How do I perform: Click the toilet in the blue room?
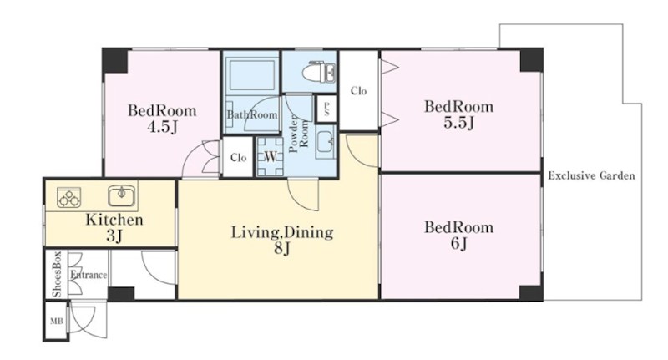tap(319, 72)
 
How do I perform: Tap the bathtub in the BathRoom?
tap(250, 74)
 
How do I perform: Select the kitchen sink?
tap(122, 196)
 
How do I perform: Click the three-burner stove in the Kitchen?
tap(69, 197)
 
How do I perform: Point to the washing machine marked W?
tap(270, 156)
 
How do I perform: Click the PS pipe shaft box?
tap(326, 109)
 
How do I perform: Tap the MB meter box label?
tap(57, 321)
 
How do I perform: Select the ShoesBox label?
tap(57, 274)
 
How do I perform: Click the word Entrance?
tap(89, 275)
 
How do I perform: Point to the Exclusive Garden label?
tap(591, 175)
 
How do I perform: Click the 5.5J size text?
tap(458, 123)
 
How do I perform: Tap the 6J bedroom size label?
tap(458, 244)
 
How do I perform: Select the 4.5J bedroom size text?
tap(162, 127)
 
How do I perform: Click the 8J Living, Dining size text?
tap(281, 248)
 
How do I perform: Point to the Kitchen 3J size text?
tap(114, 236)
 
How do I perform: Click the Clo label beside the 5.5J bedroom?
tap(359, 91)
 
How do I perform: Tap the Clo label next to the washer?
tap(239, 158)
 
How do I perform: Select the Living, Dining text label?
tap(282, 232)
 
